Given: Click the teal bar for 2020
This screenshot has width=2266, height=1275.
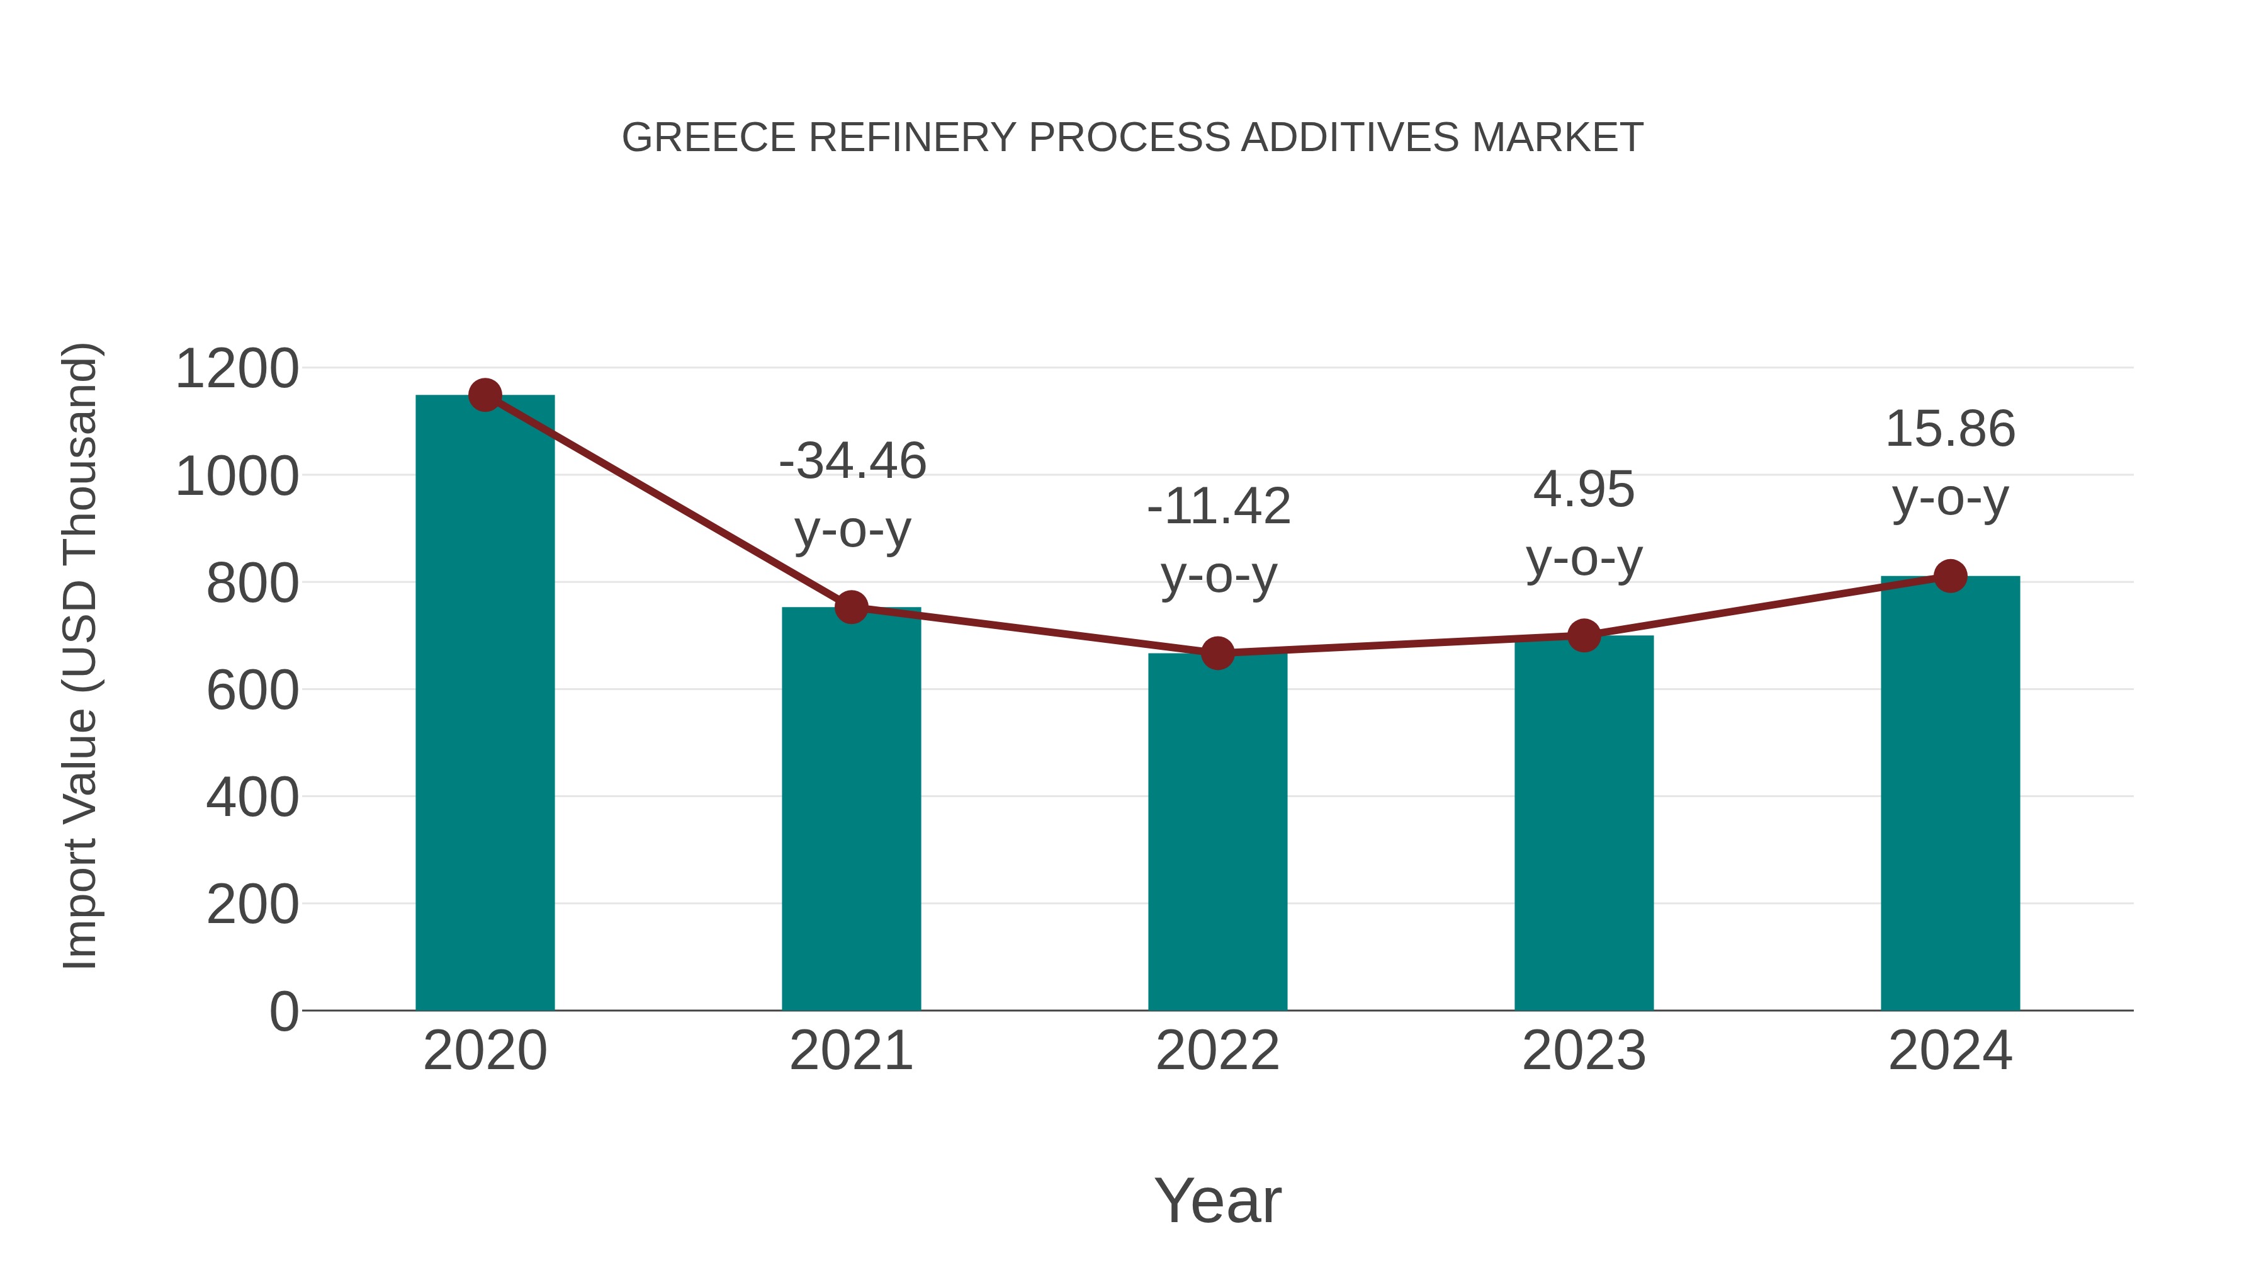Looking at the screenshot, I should point(485,704).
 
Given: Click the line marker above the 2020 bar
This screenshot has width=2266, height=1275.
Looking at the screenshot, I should point(485,395).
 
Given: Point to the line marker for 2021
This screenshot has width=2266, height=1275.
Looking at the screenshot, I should point(852,607).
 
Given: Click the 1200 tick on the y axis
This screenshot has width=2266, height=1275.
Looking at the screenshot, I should point(237,369).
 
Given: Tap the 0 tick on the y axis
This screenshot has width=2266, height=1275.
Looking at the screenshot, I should point(284,1011).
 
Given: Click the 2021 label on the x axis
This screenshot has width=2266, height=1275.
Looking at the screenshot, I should point(852,1051).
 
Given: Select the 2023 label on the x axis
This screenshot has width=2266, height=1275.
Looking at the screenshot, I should point(1584,1051).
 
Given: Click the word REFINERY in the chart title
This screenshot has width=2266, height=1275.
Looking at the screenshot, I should point(912,138).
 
